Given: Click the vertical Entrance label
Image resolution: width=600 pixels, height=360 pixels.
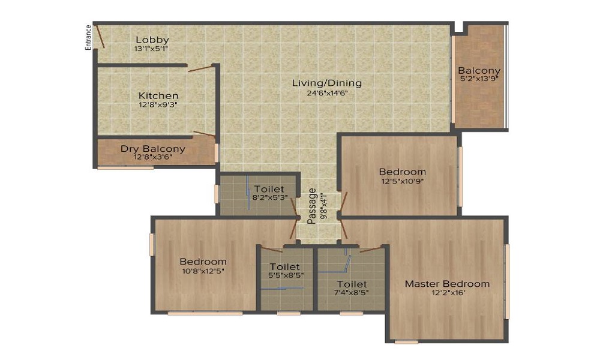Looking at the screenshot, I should click(88, 37).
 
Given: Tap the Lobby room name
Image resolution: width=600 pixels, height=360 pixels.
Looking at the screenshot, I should click(152, 40).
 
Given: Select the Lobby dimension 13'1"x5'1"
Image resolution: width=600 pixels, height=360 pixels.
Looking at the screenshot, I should click(152, 49).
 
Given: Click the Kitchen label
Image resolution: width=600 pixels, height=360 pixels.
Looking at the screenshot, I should click(158, 95).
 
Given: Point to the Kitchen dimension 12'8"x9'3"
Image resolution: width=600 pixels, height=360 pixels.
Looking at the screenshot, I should click(158, 104).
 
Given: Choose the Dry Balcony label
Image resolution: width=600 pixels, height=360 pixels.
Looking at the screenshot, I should click(153, 149).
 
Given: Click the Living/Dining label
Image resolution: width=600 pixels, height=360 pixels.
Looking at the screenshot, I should click(327, 83).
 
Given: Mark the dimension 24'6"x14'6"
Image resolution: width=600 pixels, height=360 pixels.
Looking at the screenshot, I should click(327, 92).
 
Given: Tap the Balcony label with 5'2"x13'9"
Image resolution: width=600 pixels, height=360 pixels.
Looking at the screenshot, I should click(479, 70).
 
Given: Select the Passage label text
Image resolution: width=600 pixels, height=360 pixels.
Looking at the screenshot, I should click(311, 206).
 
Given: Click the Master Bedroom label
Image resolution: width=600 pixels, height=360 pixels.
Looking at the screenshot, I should click(447, 284).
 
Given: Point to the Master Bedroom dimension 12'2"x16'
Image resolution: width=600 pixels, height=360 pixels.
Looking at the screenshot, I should click(447, 293).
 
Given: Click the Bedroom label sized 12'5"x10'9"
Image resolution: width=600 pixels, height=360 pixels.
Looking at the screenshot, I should click(403, 172).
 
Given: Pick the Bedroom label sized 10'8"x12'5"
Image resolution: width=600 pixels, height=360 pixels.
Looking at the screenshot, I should click(203, 262).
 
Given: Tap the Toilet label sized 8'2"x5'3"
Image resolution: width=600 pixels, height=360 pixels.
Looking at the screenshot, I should click(269, 189).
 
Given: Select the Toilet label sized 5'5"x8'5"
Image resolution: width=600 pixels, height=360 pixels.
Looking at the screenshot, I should click(285, 266).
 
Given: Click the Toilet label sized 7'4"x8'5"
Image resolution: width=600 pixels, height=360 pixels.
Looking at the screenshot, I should click(352, 284).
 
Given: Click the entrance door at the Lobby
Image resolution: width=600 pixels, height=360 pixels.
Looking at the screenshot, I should click(101, 37).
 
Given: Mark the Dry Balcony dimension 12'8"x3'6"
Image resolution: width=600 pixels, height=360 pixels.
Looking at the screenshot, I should click(153, 158).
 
